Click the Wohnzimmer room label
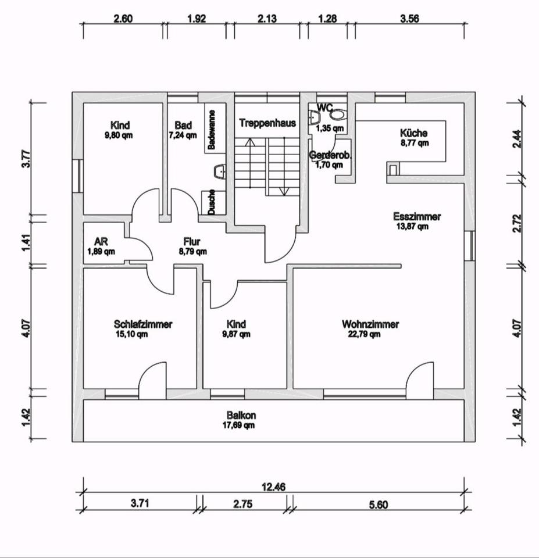click(x=370, y=324)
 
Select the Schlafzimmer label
click(x=143, y=324)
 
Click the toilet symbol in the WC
click(x=337, y=116)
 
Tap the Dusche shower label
click(x=212, y=202)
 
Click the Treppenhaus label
click(x=267, y=123)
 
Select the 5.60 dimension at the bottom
click(x=378, y=505)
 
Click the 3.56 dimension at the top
click(x=409, y=18)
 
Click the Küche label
click(x=414, y=133)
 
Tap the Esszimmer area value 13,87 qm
click(x=412, y=227)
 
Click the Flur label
click(x=192, y=242)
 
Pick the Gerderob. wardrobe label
click(x=330, y=156)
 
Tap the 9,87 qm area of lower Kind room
click(x=237, y=334)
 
